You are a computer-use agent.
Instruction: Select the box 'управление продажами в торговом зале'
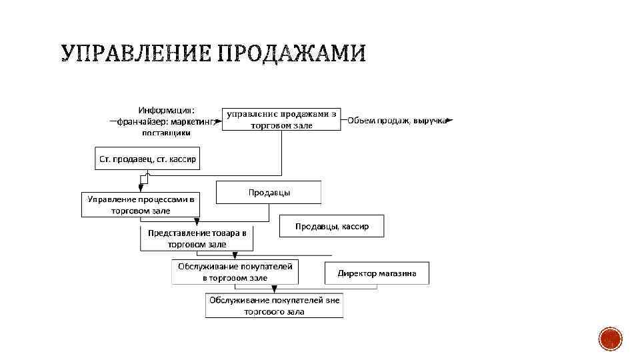pos(281,119)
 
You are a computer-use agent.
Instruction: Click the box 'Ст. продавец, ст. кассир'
pos(147,159)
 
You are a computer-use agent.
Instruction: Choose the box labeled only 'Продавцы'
pos(269,192)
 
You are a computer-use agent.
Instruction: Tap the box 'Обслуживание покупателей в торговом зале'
pos(235,271)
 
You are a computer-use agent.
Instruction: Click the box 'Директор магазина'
pos(377,273)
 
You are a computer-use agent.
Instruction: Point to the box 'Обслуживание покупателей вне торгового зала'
pos(274,306)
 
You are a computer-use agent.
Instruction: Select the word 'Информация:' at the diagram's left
pos(167,110)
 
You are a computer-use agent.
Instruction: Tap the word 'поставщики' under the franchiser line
pos(167,132)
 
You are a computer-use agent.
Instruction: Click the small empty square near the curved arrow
pos(143,179)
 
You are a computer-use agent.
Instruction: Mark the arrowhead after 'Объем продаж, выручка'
pos(450,121)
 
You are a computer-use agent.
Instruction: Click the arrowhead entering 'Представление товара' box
pos(197,223)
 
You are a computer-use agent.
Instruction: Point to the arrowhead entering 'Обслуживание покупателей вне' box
pos(275,289)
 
